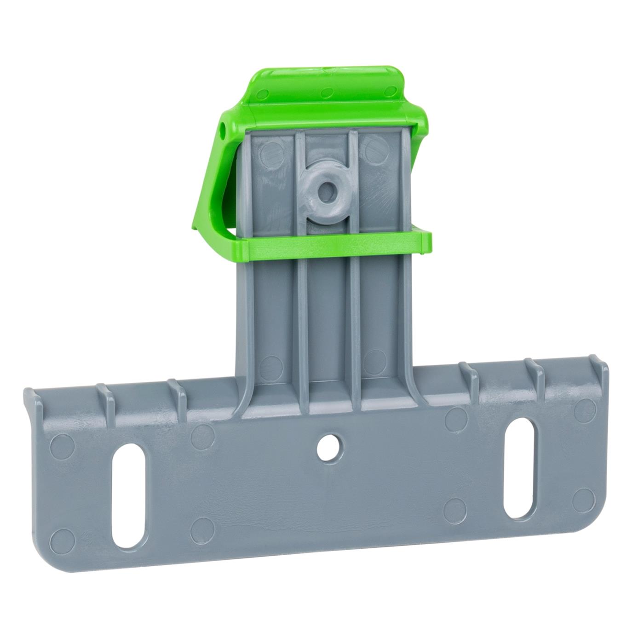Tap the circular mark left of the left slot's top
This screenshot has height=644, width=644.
[62, 444]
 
